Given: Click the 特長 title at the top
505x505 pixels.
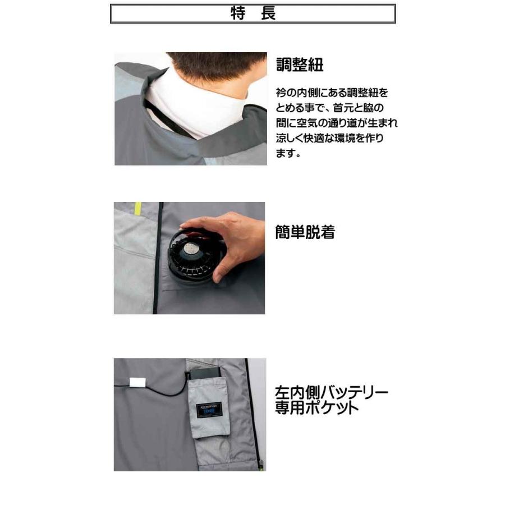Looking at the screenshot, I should coord(252,14).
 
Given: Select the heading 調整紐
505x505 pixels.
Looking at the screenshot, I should coord(300,65).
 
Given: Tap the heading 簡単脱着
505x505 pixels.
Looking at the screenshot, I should coord(305,232).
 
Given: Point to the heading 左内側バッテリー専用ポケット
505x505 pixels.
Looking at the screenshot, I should coord(331,400).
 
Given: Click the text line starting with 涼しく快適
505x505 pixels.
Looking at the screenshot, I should coord(330,138).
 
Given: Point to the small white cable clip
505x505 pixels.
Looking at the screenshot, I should coord(137,382).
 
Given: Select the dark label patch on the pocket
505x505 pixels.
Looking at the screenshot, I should coord(208,409).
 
